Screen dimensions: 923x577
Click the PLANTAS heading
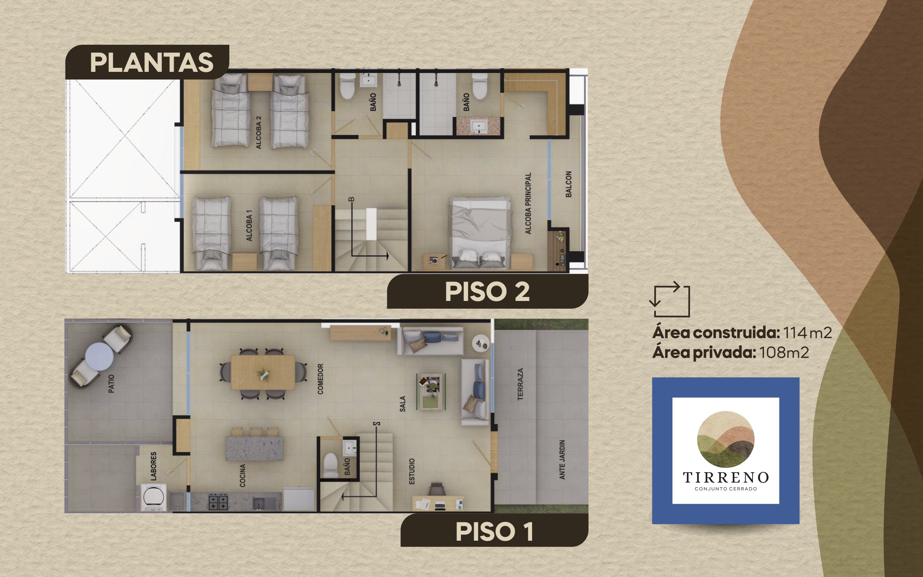(x=151, y=63)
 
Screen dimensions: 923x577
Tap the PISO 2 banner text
(x=487, y=292)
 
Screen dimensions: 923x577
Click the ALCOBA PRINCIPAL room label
(x=528, y=203)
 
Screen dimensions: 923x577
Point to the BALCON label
(x=568, y=184)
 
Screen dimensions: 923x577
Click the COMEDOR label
(x=320, y=379)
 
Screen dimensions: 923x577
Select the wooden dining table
(x=263, y=372)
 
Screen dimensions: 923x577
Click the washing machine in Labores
(x=153, y=497)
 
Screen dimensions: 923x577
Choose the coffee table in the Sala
(x=431, y=392)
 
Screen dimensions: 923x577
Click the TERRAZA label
(x=520, y=384)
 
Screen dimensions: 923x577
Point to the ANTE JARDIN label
(x=562, y=459)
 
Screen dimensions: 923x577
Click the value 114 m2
(x=808, y=333)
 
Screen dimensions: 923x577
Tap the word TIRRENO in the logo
(x=726, y=477)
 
